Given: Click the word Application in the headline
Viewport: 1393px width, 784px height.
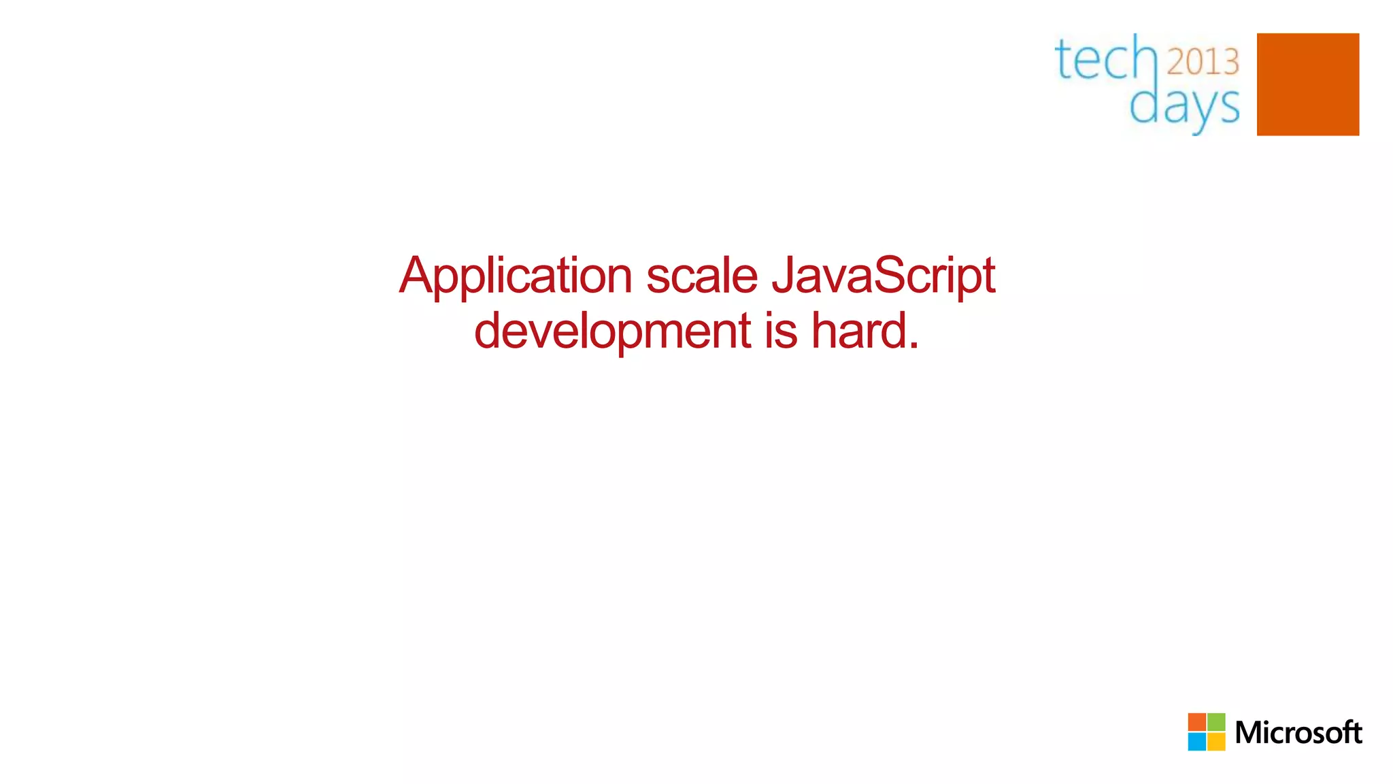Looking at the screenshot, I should tap(516, 276).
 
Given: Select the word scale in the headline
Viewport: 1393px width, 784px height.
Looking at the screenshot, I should tap(701, 276).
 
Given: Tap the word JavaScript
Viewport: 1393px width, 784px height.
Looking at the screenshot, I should tap(884, 276).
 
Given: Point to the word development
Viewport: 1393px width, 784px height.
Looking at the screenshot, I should tap(612, 331).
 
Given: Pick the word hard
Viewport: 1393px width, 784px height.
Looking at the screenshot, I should tap(858, 331).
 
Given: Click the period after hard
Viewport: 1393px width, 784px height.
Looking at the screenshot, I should tap(912, 345).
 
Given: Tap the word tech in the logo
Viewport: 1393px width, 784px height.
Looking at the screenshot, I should tap(1106, 59).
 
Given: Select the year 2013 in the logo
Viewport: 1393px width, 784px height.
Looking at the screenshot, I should tap(1203, 62).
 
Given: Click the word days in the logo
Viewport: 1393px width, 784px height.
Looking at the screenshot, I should tap(1184, 106).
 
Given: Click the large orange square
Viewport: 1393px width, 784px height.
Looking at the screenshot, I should tap(1307, 84).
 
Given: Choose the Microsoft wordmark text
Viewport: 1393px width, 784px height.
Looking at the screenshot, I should tap(1298, 733).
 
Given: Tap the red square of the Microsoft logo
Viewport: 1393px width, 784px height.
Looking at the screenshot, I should tap(1197, 722).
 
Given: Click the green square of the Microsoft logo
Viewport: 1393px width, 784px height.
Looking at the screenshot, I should tap(1216, 722).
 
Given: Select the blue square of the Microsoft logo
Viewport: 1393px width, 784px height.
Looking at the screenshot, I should tap(1197, 742).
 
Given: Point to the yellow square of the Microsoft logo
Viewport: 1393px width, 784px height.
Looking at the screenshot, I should tap(1216, 742).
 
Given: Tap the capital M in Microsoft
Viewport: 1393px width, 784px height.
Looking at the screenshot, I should tap(1249, 733).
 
